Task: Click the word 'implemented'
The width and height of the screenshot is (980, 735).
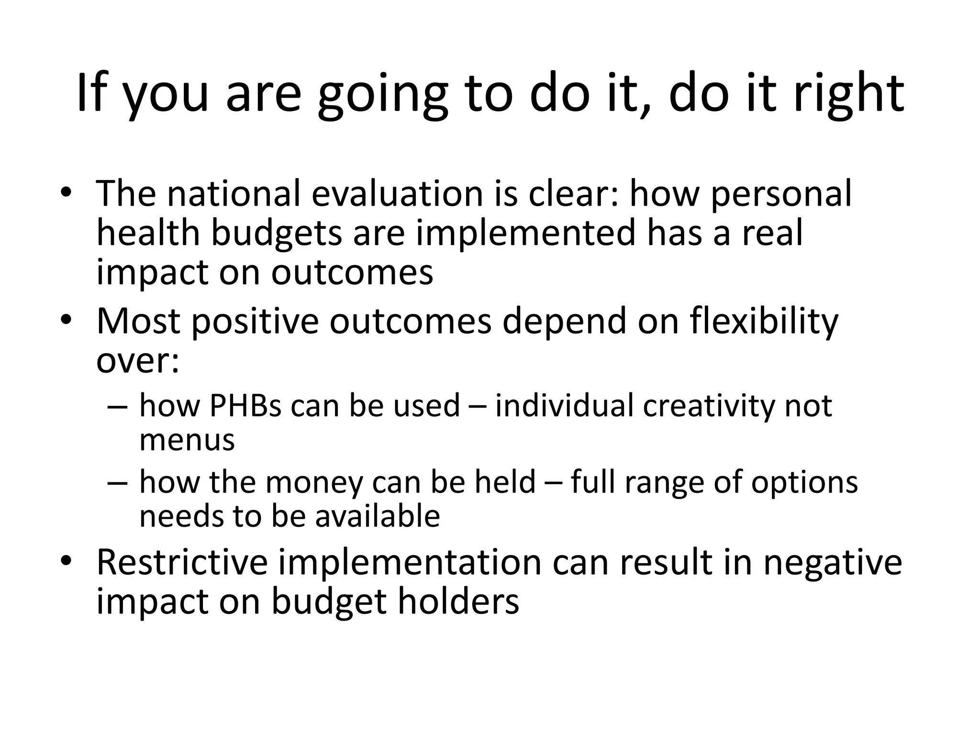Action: [x=525, y=233]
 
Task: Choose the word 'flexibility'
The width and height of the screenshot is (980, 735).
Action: [x=764, y=322]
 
